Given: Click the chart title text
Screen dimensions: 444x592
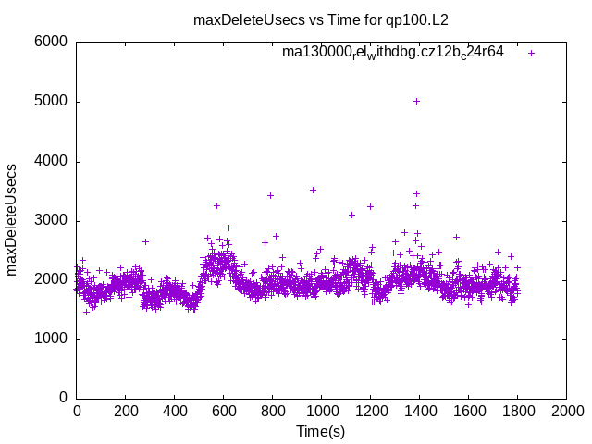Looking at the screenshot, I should click(320, 19).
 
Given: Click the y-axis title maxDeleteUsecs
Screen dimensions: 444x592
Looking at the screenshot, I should click(12, 220).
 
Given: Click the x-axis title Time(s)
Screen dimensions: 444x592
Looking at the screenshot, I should click(320, 431).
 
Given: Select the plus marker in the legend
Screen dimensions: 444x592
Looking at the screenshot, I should click(531, 53).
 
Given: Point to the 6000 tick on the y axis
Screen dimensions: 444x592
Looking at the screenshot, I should click(51, 43).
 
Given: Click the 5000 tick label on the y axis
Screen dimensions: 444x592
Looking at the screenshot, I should click(51, 102).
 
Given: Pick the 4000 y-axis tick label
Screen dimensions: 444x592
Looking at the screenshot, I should click(51, 161).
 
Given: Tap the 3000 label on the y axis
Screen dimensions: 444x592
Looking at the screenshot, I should click(51, 220).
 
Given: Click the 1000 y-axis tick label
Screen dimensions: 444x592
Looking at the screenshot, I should click(51, 339).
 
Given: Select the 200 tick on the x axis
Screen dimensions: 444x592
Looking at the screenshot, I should click(126, 411).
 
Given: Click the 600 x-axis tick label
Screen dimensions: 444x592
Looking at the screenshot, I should click(224, 411).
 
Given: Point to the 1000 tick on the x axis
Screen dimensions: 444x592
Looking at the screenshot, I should click(321, 411).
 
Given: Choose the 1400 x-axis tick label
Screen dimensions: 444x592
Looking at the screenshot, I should click(419, 411).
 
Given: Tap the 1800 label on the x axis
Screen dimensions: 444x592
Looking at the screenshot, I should click(517, 411).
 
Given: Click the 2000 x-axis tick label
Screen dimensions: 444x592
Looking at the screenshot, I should click(566, 411).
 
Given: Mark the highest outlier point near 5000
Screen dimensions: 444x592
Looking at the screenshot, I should click(416, 101).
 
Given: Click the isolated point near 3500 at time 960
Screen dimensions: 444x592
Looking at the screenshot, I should click(313, 190).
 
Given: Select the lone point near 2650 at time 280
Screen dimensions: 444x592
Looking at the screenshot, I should click(145, 241).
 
